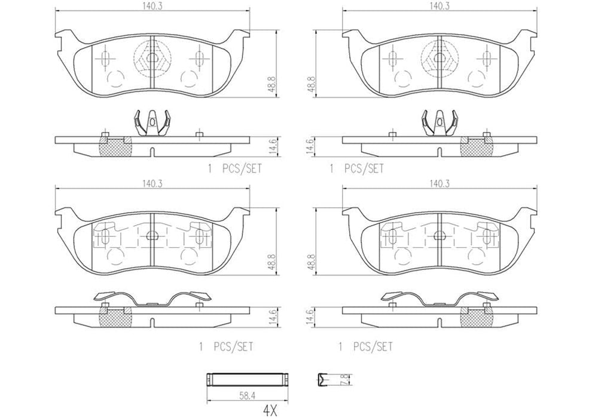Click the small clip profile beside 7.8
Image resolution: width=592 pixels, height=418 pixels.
point(324,379)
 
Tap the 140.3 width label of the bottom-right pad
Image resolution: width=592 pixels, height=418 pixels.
point(441,185)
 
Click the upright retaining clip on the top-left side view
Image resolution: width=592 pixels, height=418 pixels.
point(149,124)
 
